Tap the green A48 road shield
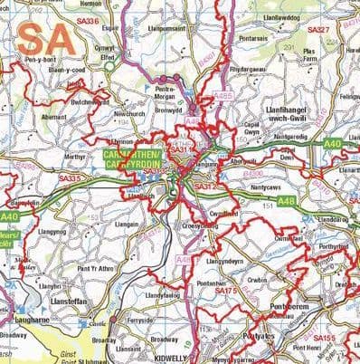coord(312,201)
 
